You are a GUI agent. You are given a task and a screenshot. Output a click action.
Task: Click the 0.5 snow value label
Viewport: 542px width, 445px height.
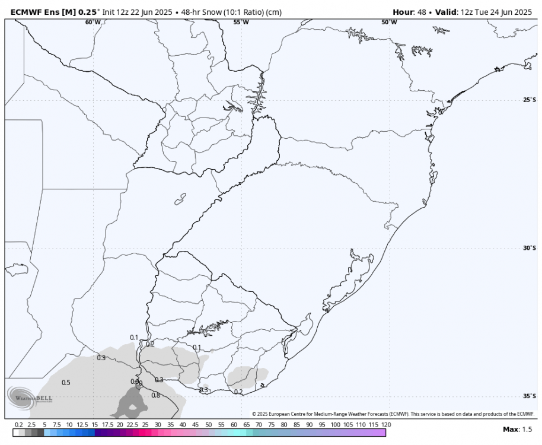coord(66,383)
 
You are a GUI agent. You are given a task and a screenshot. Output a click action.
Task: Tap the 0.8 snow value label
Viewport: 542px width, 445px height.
coord(156,395)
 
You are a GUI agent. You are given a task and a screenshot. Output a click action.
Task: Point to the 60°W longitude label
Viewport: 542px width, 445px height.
coord(93,22)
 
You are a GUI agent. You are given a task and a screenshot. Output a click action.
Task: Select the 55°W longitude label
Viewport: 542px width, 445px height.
coord(241,22)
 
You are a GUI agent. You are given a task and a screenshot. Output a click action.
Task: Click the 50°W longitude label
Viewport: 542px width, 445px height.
coord(389,22)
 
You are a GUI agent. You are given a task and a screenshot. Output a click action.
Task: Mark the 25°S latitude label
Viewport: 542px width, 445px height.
coord(529,100)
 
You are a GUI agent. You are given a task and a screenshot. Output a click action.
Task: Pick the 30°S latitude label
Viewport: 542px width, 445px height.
coord(529,248)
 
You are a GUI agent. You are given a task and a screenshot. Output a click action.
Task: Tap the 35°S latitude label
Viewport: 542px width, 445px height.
coord(529,396)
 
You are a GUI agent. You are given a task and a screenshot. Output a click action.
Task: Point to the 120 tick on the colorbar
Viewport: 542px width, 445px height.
coord(386,425)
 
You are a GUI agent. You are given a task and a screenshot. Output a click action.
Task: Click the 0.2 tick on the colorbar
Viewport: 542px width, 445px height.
coord(19,425)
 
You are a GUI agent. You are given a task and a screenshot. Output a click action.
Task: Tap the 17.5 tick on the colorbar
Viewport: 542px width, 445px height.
coord(107,425)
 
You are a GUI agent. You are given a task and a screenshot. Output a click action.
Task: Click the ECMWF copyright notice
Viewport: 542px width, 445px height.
coord(393,414)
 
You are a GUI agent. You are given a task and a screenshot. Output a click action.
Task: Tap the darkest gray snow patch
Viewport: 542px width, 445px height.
coord(132,403)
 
